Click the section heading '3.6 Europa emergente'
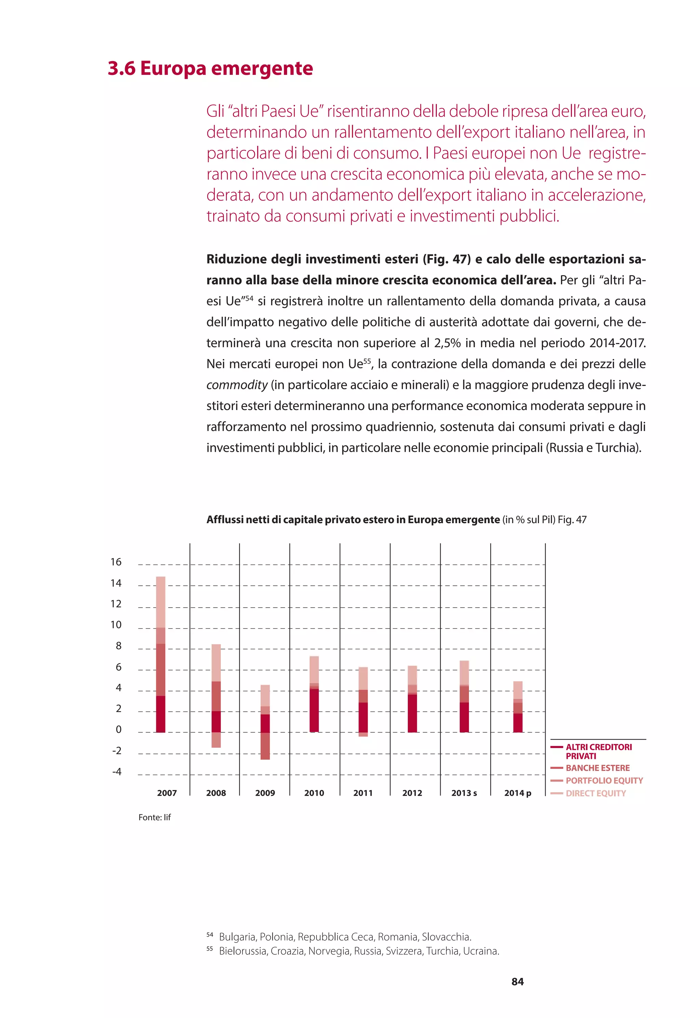click(210, 68)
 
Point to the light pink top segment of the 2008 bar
click(216, 663)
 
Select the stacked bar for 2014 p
click(517, 707)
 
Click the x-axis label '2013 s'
click(464, 793)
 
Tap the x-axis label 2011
click(363, 793)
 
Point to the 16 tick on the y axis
click(116, 562)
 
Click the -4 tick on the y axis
click(116, 772)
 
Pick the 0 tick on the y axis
click(118, 730)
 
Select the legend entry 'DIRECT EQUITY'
click(596, 793)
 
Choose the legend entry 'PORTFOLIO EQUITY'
click(604, 781)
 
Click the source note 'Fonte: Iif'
click(154, 817)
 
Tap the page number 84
click(517, 982)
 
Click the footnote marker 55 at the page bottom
click(209, 949)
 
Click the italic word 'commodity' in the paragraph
click(237, 385)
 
